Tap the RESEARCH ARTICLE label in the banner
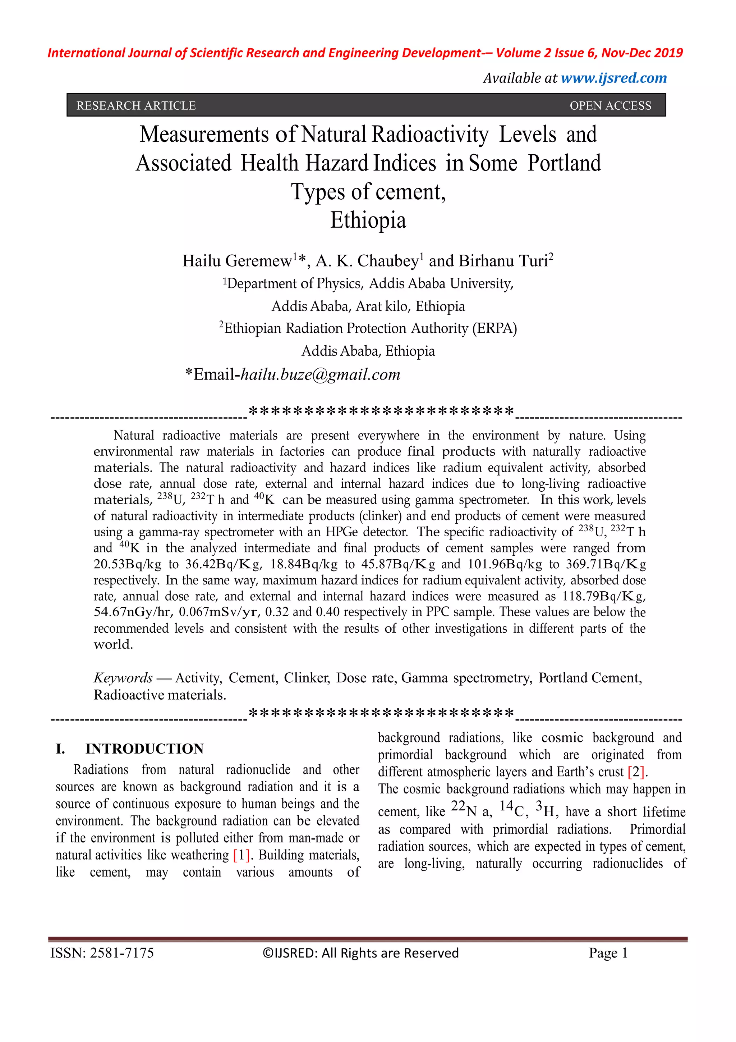click(136, 105)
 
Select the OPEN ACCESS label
click(610, 105)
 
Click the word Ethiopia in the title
click(368, 220)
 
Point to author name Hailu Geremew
click(237, 261)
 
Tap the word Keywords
click(123, 678)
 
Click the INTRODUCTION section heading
click(144, 748)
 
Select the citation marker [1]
click(241, 855)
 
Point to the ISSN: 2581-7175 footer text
click(102, 952)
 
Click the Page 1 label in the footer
click(608, 952)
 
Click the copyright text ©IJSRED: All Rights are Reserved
click(360, 952)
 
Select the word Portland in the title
click(564, 163)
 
